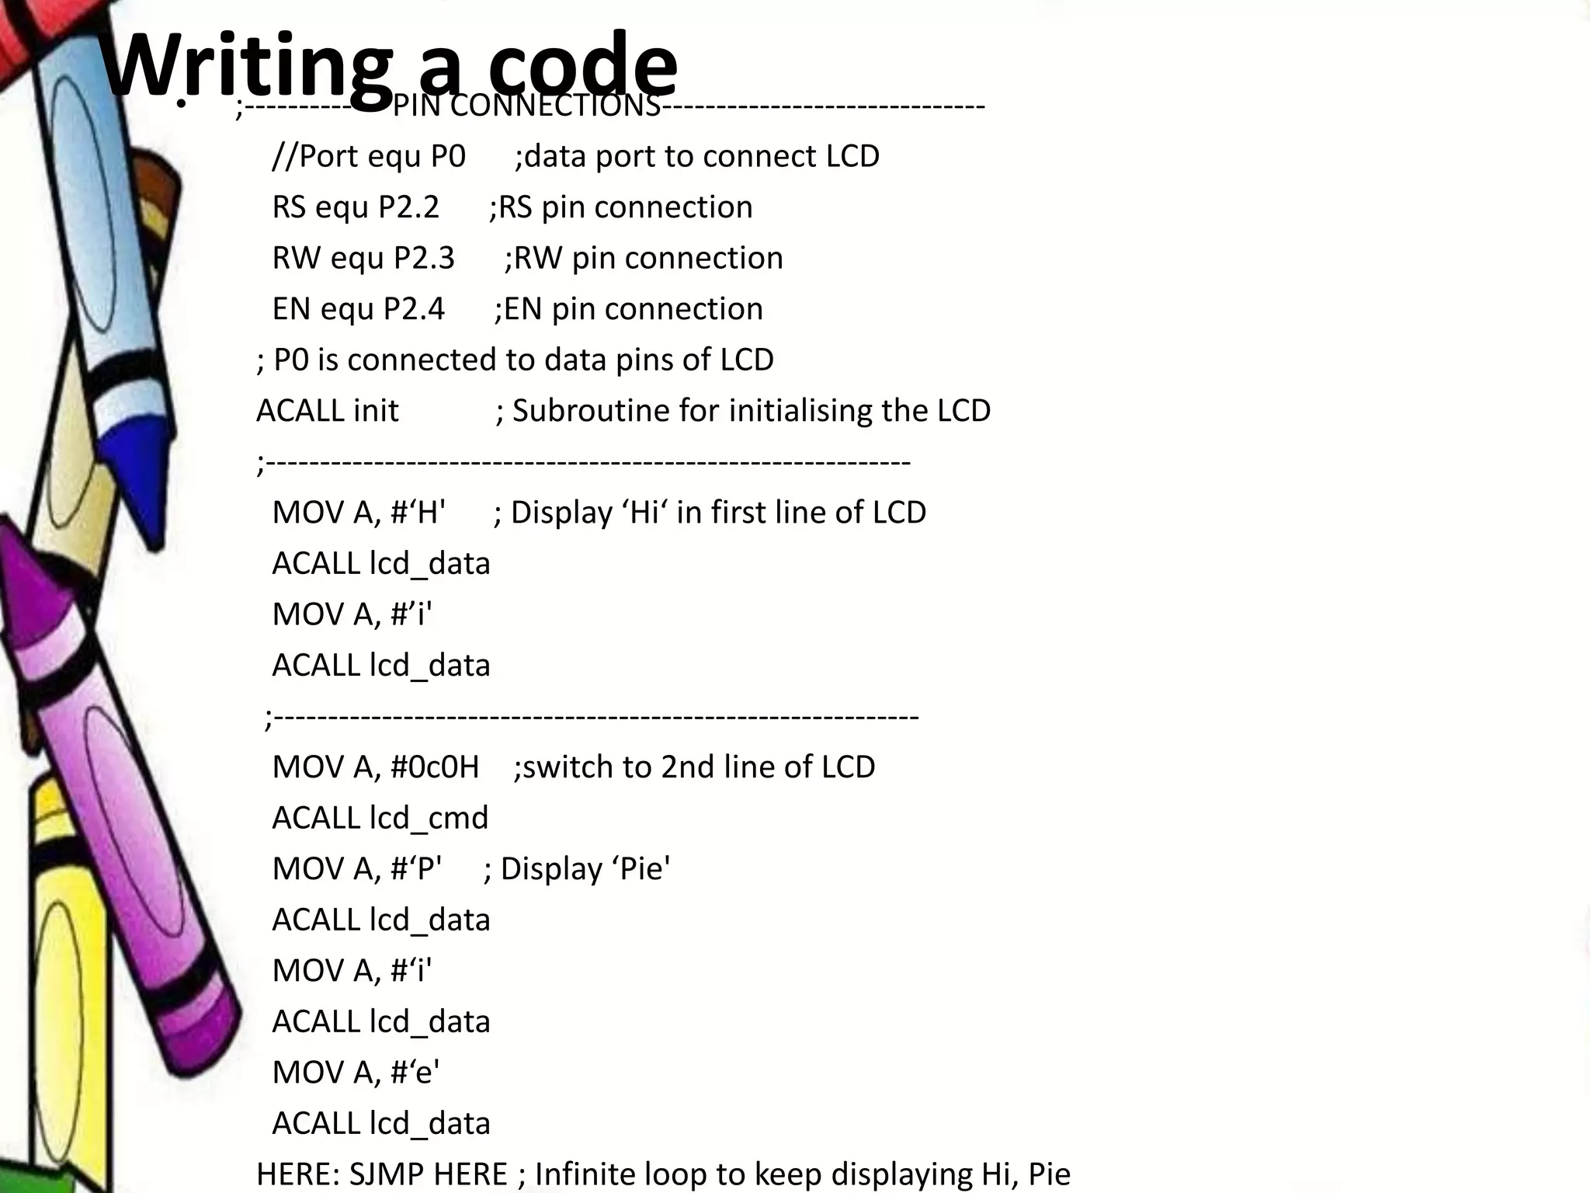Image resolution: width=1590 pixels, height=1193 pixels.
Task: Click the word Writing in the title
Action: (x=247, y=66)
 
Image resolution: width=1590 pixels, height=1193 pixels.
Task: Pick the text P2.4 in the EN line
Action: (x=414, y=309)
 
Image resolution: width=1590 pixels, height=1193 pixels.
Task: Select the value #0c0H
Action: (x=435, y=767)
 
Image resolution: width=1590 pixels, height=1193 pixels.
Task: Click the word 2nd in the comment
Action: (x=687, y=767)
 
